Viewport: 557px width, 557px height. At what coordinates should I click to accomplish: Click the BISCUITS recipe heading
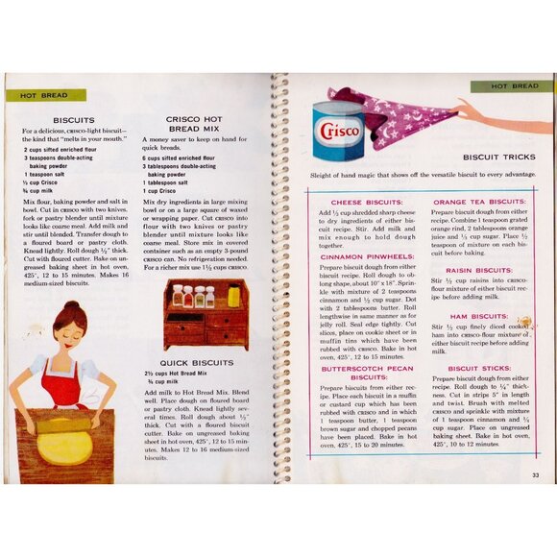pyautogui.click(x=73, y=120)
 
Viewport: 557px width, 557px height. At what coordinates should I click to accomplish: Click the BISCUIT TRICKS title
pyautogui.click(x=498, y=156)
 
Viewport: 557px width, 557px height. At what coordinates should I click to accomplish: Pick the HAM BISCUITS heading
pyautogui.click(x=478, y=315)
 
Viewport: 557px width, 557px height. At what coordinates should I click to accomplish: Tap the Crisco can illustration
pyautogui.click(x=338, y=130)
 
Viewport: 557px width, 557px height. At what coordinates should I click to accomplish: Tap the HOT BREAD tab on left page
pyautogui.click(x=36, y=96)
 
